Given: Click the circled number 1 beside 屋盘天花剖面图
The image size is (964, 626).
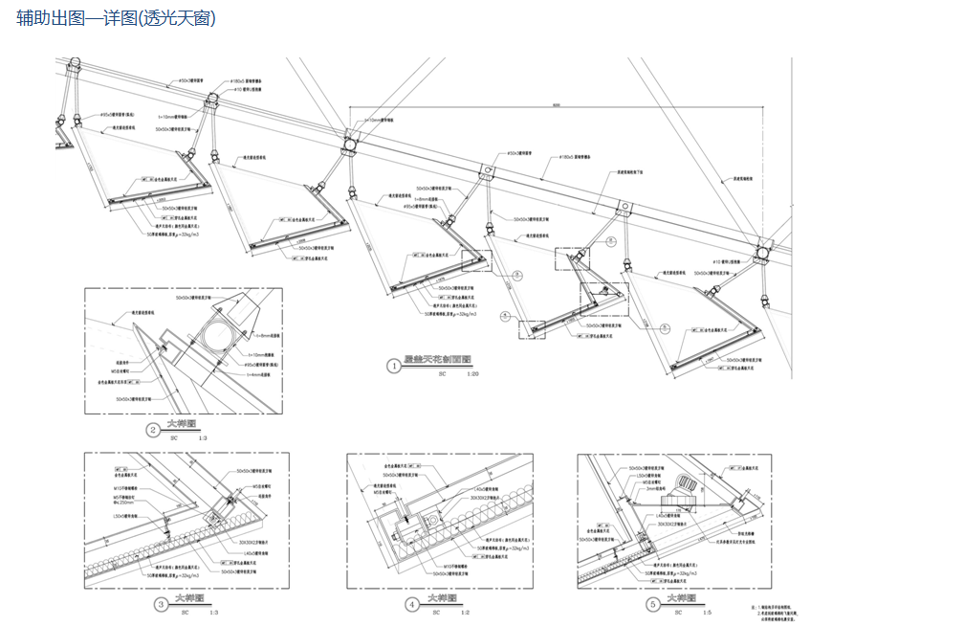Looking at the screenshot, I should [x=392, y=365].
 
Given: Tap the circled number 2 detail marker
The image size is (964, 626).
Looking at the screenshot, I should [x=152, y=430].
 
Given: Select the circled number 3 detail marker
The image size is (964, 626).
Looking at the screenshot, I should [x=160, y=604].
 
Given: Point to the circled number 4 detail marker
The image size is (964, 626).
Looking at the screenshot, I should [x=412, y=604].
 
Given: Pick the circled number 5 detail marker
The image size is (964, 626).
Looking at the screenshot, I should [x=653, y=604].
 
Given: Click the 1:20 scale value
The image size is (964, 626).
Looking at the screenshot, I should [x=471, y=375].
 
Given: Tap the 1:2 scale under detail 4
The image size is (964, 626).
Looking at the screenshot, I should [x=466, y=612].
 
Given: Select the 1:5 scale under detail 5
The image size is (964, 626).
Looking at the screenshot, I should [x=707, y=612].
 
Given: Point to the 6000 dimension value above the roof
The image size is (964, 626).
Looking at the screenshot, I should [x=555, y=105].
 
